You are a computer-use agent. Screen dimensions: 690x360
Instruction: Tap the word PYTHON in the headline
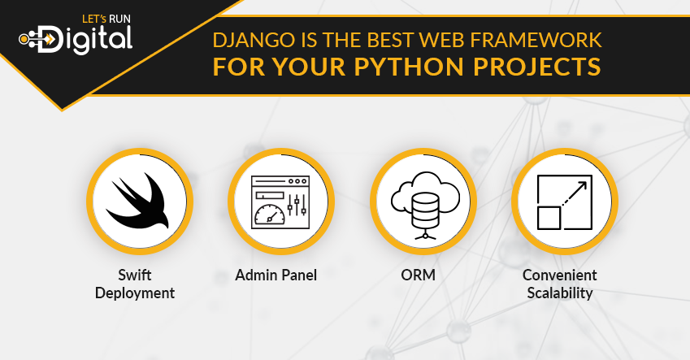click(409, 67)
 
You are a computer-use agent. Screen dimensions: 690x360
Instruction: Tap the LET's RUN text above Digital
click(106, 19)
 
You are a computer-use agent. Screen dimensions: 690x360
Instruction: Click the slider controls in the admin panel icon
click(297, 206)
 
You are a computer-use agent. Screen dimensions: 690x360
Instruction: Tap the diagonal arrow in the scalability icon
click(574, 194)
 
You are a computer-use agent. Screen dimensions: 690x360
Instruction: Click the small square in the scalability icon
click(549, 218)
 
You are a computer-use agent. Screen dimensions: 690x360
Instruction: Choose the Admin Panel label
click(276, 275)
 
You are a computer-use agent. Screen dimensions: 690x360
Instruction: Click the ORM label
click(418, 275)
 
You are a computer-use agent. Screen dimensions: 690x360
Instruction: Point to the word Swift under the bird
click(135, 275)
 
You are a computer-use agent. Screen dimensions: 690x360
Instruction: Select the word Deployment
click(135, 293)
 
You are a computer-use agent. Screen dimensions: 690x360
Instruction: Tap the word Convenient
click(560, 275)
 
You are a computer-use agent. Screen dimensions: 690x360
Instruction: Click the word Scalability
click(560, 293)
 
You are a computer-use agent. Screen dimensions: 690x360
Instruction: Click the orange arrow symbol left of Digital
click(50, 40)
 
